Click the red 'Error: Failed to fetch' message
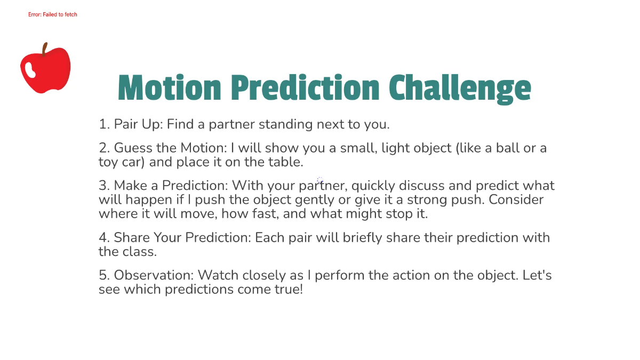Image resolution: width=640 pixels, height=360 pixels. coord(53,14)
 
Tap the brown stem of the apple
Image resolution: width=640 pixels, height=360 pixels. coord(45,49)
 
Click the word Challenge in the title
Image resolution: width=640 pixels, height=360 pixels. coord(460,88)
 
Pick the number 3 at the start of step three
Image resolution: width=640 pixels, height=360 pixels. coord(103,186)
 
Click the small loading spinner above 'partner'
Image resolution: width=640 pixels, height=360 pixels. coord(320,180)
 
